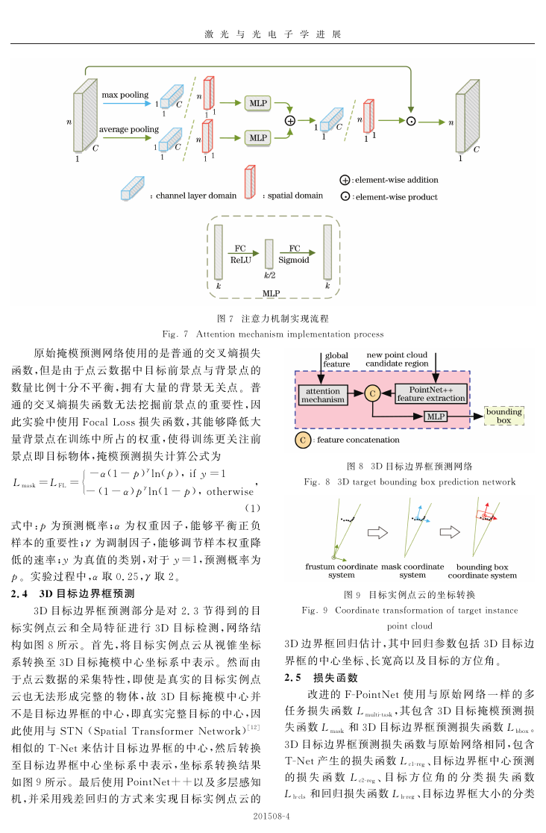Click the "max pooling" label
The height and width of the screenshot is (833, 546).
(125, 95)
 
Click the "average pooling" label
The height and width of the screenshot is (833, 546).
(129, 129)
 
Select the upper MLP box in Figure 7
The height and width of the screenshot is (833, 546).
(258, 103)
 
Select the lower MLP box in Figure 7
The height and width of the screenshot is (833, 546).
(258, 137)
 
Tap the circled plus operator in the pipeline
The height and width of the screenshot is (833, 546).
(290, 121)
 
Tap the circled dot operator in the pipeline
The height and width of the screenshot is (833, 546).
(410, 121)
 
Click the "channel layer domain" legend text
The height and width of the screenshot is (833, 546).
(196, 196)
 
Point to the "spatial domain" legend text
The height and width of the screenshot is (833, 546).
(295, 196)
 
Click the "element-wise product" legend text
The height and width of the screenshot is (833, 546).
(397, 197)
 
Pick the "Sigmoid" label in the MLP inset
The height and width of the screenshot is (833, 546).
(294, 260)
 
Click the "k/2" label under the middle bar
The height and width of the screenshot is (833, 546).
(270, 275)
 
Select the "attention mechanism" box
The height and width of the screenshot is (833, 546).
(323, 396)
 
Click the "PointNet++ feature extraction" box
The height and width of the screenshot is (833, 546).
(431, 393)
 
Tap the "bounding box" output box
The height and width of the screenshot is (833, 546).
(504, 416)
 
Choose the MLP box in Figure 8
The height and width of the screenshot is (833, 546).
(436, 416)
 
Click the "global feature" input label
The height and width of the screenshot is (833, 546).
(336, 360)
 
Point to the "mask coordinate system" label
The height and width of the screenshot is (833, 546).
(412, 570)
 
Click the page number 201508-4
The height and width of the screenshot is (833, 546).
(272, 816)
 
